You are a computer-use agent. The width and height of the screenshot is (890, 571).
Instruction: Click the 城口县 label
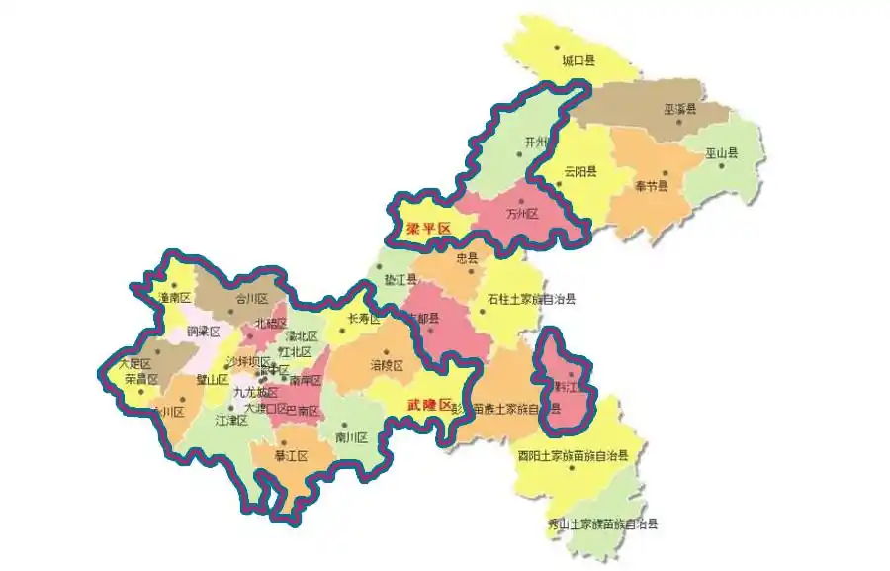click(x=578, y=61)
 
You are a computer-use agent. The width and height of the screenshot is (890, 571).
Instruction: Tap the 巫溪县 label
click(x=679, y=109)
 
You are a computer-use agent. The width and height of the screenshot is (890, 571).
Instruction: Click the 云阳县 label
click(x=580, y=171)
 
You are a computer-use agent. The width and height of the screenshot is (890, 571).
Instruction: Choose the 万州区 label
click(x=521, y=214)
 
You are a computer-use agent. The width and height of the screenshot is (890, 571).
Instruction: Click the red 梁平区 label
click(x=428, y=229)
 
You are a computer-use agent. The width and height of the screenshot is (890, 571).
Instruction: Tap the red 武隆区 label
click(x=430, y=405)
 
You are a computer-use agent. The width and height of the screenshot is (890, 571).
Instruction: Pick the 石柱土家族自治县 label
click(x=531, y=299)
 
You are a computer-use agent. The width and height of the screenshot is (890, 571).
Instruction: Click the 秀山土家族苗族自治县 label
click(x=602, y=523)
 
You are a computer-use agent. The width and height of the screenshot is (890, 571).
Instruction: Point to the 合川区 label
click(x=237, y=297)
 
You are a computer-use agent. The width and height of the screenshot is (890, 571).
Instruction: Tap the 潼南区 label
click(x=174, y=297)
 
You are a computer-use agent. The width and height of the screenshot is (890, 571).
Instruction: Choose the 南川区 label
click(x=351, y=436)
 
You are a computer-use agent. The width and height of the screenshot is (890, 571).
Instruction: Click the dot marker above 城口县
click(x=557, y=47)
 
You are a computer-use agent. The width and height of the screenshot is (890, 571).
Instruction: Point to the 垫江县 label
click(x=400, y=280)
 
